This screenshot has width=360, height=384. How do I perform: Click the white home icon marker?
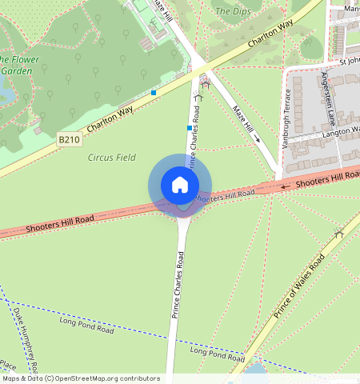[x=180, y=185]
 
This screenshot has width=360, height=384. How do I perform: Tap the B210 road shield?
[x=70, y=139]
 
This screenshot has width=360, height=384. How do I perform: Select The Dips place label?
[x=233, y=11]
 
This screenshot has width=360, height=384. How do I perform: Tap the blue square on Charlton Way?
[x=154, y=93]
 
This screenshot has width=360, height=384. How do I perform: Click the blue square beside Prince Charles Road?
[x=190, y=128]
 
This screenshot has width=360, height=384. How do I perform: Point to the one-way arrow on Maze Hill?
[x=257, y=138]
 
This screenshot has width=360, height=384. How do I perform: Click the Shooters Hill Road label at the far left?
[x=60, y=222]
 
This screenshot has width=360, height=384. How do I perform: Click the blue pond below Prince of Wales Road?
[x=254, y=370]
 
